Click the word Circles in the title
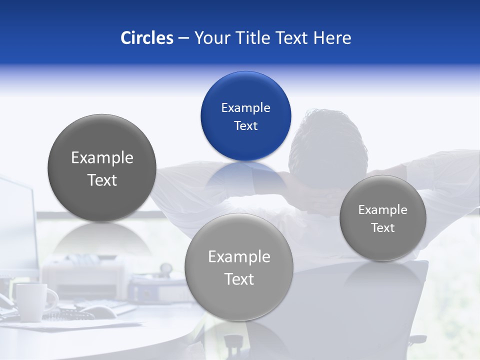tap(146, 38)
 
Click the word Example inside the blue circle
tap(245, 107)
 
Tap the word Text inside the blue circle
tap(245, 125)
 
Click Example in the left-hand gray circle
tap(102, 158)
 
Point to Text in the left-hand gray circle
tap(102, 180)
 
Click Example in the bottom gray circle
tap(239, 257)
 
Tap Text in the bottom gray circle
tap(239, 279)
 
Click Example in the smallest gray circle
tap(382, 210)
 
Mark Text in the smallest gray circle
tap(382, 228)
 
